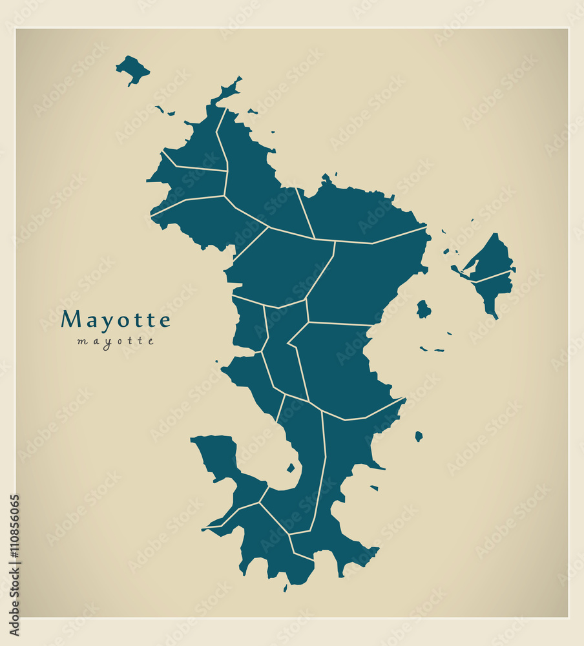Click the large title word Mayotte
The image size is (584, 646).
click(x=116, y=320)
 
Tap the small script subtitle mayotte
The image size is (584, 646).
click(x=116, y=341)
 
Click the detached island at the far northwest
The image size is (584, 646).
click(x=132, y=68)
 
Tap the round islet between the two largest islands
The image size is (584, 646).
click(x=423, y=309)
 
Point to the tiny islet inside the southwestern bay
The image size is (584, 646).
click(x=291, y=468)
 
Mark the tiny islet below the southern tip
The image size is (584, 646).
click(x=285, y=589)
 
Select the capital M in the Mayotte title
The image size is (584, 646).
click(x=71, y=320)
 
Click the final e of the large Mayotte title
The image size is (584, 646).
click(x=165, y=320)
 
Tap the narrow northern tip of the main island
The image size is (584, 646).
click(x=229, y=89)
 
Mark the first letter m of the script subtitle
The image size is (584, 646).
click(x=81, y=341)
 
